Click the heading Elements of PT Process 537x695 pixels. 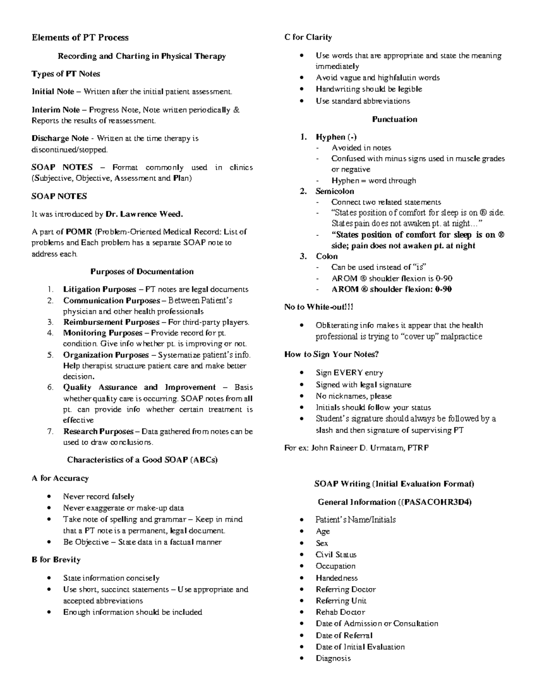pos(80,38)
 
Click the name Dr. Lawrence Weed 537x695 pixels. pos(144,214)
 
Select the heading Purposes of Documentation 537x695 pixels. pos(142,272)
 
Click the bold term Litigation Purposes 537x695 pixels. pos(99,290)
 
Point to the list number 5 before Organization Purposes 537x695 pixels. pos(51,355)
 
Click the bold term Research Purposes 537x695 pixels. pos(98,431)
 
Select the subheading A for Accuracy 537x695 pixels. pos(60,478)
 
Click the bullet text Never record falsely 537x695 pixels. pos(98,497)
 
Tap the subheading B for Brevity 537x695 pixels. pos(56,560)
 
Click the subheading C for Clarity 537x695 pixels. pos(308,37)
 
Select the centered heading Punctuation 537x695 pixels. pos(394,119)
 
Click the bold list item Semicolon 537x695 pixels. pos(335,191)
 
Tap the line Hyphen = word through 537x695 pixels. pos(373,181)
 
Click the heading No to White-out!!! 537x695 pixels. pos(319,307)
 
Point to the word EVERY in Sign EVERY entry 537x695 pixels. pos(348,373)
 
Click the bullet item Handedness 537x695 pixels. pos(337,578)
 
